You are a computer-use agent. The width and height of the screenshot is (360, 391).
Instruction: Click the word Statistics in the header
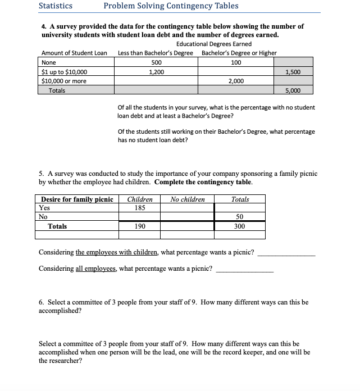click(55, 6)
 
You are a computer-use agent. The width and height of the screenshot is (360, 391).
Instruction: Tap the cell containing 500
click(157, 62)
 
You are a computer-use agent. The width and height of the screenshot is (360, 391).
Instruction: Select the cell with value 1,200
click(157, 72)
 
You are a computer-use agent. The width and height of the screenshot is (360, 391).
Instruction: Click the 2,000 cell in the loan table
click(236, 81)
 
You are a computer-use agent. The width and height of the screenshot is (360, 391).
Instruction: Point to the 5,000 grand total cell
click(293, 90)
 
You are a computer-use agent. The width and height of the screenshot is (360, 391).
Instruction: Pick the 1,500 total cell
click(293, 72)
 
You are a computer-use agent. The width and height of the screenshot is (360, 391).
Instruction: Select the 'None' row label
click(49, 62)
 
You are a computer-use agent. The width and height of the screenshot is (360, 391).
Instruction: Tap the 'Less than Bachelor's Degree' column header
click(156, 53)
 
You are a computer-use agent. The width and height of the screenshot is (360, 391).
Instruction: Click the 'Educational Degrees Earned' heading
click(213, 44)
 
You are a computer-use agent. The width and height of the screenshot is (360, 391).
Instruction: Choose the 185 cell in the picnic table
click(140, 207)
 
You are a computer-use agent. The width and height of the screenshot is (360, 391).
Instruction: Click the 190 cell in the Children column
click(140, 226)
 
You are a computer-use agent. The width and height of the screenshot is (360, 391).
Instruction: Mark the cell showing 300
click(240, 226)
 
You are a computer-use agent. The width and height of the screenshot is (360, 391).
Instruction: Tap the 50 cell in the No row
click(240, 217)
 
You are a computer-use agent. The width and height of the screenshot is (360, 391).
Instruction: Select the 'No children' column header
click(188, 199)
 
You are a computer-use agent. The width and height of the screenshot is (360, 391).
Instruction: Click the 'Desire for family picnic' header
click(77, 199)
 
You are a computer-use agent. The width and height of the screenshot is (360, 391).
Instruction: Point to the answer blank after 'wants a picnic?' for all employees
click(244, 270)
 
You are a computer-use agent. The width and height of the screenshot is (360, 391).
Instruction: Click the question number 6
click(41, 302)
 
